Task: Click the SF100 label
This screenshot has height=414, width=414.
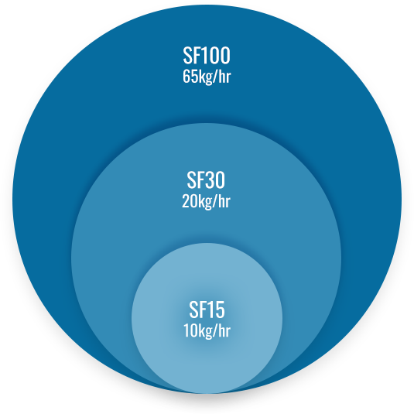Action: pyautogui.click(x=207, y=56)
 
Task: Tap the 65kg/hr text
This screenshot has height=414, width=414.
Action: pyautogui.click(x=207, y=77)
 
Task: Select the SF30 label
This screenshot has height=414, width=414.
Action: pyautogui.click(x=206, y=180)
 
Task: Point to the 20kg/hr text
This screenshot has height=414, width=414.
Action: pyautogui.click(x=206, y=202)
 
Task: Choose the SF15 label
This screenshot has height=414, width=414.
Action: pyautogui.click(x=207, y=310)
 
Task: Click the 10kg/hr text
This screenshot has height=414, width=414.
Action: pyautogui.click(x=207, y=331)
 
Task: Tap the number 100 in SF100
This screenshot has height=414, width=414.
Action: pyautogui.click(x=217, y=56)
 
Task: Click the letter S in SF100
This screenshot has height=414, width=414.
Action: pyautogui.click(x=187, y=56)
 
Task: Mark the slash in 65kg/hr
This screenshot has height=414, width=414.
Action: pyautogui.click(x=217, y=77)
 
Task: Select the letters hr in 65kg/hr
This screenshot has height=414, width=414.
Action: pyautogui.click(x=225, y=77)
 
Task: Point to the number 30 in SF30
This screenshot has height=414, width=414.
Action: pyautogui.click(x=215, y=180)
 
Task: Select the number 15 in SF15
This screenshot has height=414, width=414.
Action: pyautogui.click(x=217, y=310)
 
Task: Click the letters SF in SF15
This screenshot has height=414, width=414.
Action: pyautogui.click(x=198, y=310)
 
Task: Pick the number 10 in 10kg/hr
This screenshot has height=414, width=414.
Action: pyautogui.click(x=190, y=330)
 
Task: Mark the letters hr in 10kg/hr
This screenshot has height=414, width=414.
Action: pyautogui.click(x=225, y=330)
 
